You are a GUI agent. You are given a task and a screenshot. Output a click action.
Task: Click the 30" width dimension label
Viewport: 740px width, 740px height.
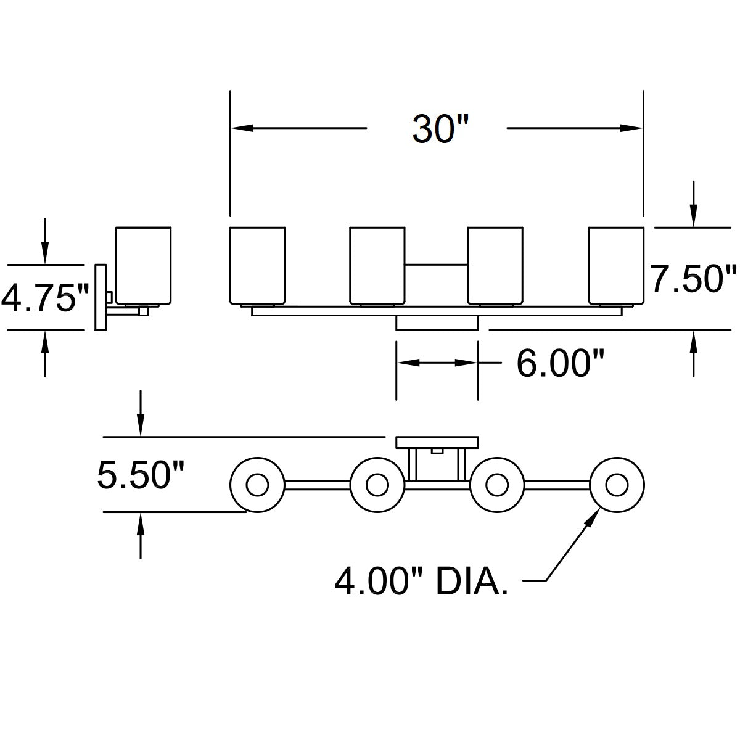pyautogui.click(x=441, y=129)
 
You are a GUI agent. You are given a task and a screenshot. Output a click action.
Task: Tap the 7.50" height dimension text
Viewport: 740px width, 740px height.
pyautogui.click(x=694, y=279)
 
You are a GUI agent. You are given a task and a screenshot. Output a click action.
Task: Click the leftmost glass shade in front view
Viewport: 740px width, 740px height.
pyautogui.click(x=257, y=265)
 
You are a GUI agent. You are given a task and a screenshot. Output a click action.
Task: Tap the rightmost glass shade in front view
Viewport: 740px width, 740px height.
pyautogui.click(x=616, y=265)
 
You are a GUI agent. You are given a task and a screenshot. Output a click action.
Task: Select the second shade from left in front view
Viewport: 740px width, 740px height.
pyautogui.click(x=377, y=265)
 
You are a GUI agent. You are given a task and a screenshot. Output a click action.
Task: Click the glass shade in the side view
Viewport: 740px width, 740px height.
pyautogui.click(x=143, y=265)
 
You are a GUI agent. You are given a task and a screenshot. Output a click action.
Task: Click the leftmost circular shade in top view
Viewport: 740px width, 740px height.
pyautogui.click(x=257, y=486)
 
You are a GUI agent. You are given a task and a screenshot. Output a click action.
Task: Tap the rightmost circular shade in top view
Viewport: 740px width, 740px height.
pyautogui.click(x=617, y=485)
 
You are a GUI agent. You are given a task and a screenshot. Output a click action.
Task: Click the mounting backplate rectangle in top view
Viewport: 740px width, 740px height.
pyautogui.click(x=437, y=442)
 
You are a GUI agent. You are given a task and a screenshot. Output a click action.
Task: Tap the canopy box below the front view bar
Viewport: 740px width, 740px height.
pyautogui.click(x=437, y=324)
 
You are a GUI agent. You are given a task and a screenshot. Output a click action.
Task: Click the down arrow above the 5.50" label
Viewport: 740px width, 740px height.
pyautogui.click(x=141, y=425)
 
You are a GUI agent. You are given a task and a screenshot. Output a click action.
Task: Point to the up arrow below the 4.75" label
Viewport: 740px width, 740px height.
pyautogui.click(x=44, y=342)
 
